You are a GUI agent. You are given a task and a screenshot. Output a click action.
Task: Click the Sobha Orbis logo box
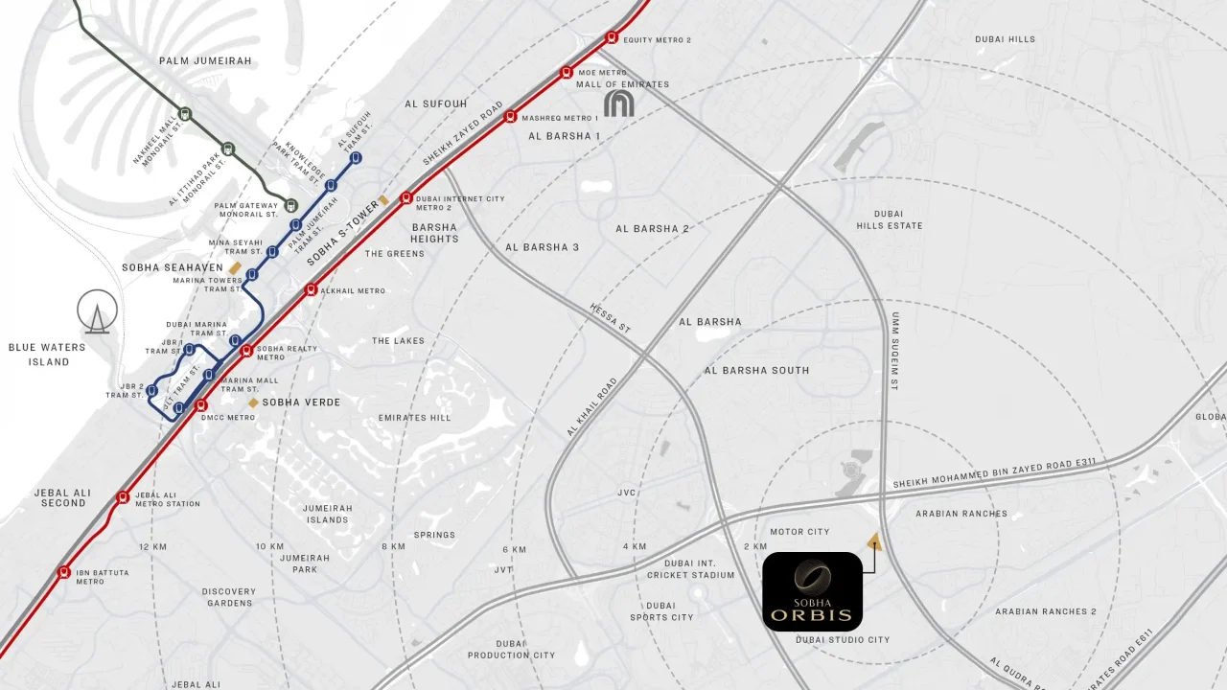point(812,591)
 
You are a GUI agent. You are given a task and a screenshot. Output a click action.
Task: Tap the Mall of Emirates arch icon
point(619,103)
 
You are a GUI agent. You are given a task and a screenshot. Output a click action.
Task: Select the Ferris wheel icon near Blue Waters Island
point(99,311)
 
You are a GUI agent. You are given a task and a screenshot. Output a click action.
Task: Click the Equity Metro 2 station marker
point(612,38)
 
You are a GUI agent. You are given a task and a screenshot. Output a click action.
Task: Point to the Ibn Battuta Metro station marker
point(64,573)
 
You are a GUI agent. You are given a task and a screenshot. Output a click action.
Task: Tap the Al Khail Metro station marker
point(311,289)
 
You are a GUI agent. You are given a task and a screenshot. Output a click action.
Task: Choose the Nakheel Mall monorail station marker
point(185,114)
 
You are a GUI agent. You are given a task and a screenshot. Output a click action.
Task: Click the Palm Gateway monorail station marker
point(291,204)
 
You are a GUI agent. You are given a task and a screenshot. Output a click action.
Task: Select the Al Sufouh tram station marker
point(356,158)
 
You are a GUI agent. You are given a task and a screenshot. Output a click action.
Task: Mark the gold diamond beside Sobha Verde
point(253,402)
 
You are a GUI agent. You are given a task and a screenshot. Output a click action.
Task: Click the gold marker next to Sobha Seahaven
point(235,267)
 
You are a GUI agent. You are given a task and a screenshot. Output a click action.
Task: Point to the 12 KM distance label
point(152,546)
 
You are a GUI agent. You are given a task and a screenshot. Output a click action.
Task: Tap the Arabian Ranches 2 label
point(1045,611)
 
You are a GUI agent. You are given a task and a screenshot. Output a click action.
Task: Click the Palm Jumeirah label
point(205,61)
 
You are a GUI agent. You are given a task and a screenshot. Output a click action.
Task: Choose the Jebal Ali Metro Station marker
point(123,497)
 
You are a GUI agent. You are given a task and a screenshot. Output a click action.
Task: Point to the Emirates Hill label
point(414,418)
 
